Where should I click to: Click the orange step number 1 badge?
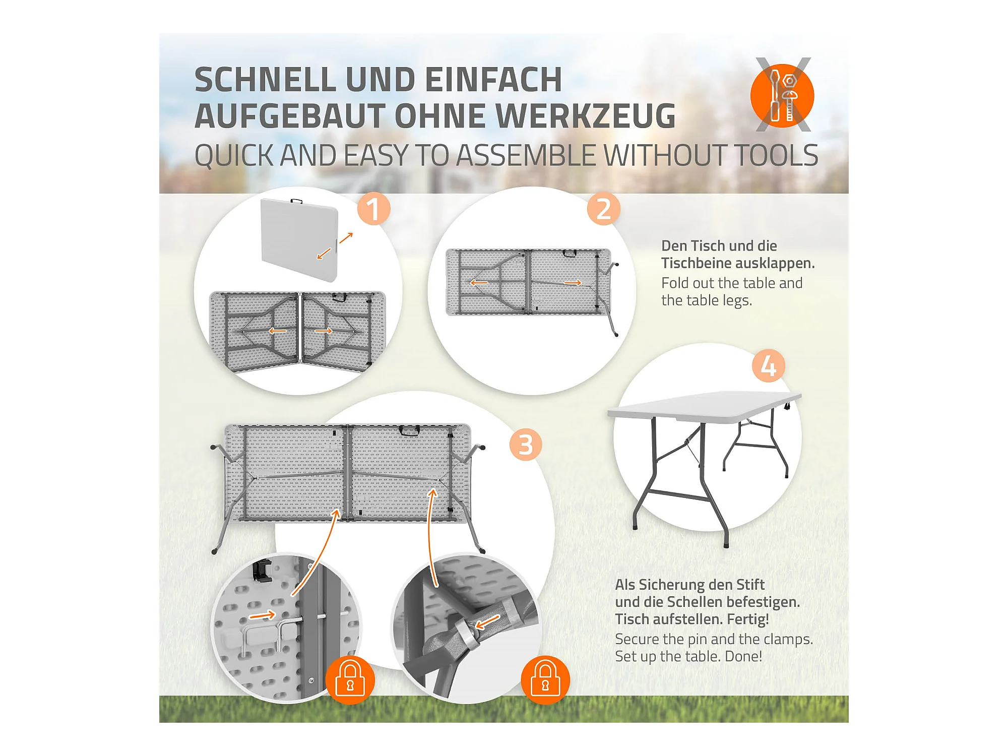373,209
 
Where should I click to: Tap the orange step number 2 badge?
603,209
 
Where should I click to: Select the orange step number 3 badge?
526,445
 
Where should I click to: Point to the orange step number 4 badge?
768,366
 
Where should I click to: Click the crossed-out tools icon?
783,95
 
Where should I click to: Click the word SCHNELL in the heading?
266,80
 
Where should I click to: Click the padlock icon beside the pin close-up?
350,680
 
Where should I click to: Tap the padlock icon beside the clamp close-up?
545,680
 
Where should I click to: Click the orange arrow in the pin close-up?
263,615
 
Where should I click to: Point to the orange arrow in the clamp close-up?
488,622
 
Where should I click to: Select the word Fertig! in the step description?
748,619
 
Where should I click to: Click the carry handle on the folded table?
296,202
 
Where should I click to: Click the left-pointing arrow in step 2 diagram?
479,283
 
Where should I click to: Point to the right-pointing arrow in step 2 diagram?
573,283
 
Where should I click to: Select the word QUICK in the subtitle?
234,155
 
